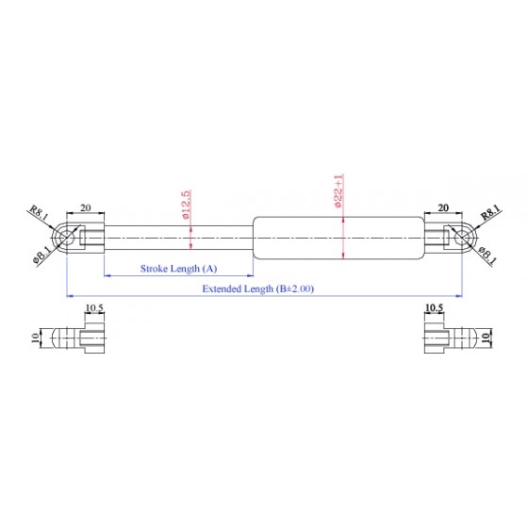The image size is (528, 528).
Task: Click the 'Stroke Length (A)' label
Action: (x=178, y=269)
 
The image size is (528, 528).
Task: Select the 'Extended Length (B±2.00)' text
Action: (x=258, y=289)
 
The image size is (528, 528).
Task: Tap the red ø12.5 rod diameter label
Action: (x=187, y=205)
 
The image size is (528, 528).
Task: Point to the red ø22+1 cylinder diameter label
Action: (x=338, y=190)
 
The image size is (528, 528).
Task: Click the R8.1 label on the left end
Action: (x=40, y=213)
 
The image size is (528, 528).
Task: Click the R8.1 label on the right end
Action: (x=490, y=212)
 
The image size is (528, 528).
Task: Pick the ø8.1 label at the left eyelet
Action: (x=42, y=255)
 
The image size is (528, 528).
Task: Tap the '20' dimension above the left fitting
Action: (x=86, y=207)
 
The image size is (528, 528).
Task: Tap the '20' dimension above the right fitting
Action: (x=443, y=207)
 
